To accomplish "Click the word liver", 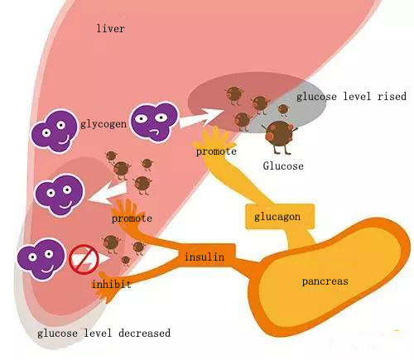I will (111, 29).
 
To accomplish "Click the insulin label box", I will (204, 257).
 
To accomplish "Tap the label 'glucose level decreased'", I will (103, 333).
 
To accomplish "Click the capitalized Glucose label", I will (283, 166).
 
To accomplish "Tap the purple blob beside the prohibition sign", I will (40, 257).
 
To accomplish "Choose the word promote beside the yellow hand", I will (216, 151).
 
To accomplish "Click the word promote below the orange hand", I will (132, 218).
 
